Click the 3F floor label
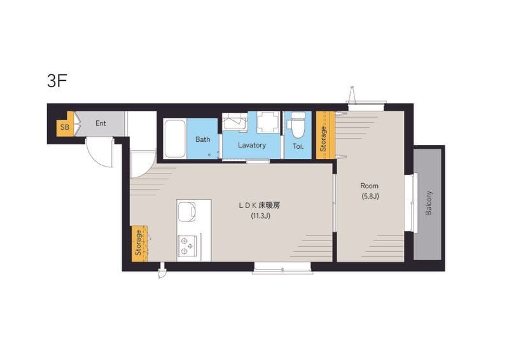(57, 81)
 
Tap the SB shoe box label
(65, 127)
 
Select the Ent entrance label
(101, 123)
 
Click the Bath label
(202, 139)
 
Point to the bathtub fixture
(174, 139)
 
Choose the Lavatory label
(252, 145)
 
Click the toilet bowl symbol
(298, 126)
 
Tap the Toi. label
(298, 146)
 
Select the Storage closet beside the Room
(326, 135)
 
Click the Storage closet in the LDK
(139, 244)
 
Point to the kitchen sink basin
(186, 212)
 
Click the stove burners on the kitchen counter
(187, 246)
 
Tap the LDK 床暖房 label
(260, 205)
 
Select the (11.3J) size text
(260, 216)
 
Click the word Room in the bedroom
(370, 186)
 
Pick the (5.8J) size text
(370, 197)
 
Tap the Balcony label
(428, 203)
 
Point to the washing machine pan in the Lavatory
(268, 122)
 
